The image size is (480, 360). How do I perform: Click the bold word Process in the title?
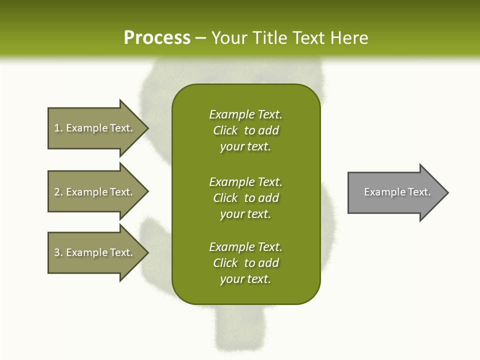157,38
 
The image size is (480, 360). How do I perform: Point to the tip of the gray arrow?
446,192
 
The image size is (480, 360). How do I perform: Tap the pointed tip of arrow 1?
146,128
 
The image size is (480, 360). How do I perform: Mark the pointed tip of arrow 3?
146,252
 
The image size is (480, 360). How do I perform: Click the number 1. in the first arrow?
58,128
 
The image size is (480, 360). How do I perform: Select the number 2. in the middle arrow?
58,192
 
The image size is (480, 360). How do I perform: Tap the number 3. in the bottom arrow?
58,252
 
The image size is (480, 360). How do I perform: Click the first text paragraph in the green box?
245,130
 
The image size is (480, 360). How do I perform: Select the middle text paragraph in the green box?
245,198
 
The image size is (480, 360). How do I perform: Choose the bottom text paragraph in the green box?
245,263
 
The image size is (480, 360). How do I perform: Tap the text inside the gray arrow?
397,192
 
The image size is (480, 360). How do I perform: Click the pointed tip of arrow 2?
146,192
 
